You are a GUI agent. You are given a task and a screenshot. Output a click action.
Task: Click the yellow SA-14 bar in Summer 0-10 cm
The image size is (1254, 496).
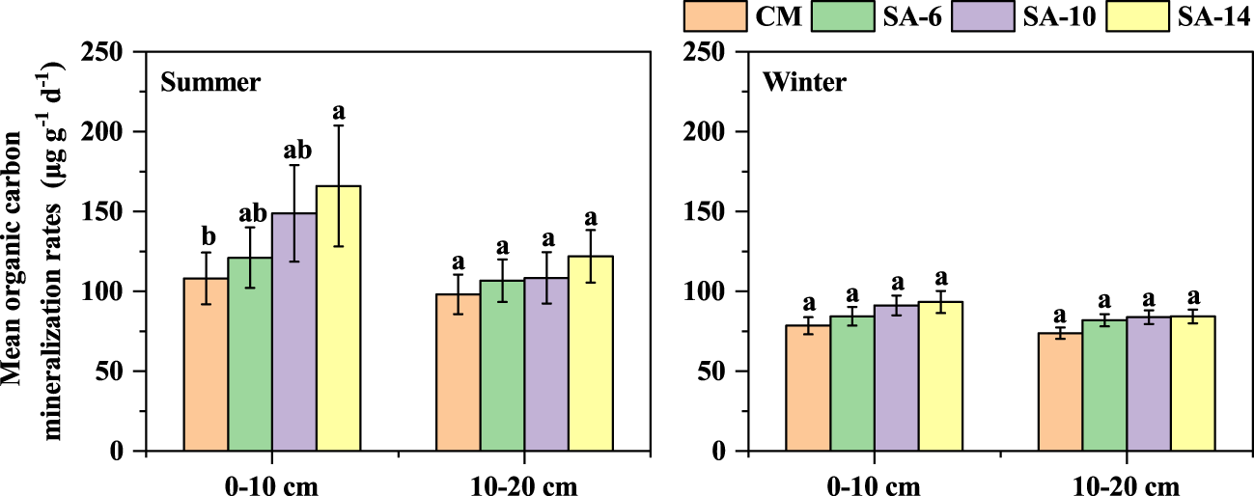point(338,318)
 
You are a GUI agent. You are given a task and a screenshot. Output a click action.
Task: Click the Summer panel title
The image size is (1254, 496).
point(210,82)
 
